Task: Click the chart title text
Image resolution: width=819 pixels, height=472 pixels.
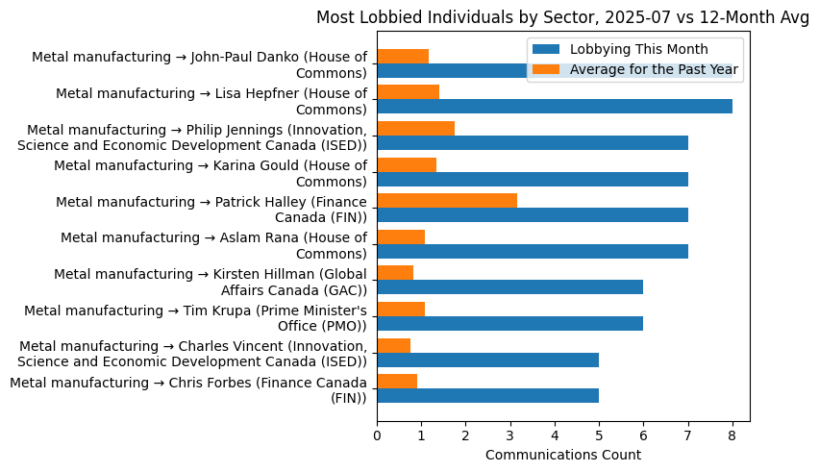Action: click(562, 17)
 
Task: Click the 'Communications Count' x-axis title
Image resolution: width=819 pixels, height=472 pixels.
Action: click(562, 455)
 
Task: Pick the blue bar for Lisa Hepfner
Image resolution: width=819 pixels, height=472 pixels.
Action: click(554, 107)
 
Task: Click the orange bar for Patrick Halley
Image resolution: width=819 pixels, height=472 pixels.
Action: click(446, 200)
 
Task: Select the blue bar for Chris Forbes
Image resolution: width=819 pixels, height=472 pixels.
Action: click(487, 395)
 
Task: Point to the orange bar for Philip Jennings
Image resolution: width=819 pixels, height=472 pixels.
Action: click(415, 128)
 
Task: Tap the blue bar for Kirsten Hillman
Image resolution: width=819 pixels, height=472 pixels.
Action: click(509, 286)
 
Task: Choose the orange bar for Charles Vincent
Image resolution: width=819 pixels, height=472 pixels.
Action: click(393, 345)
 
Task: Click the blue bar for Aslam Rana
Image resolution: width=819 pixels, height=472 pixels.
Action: click(532, 251)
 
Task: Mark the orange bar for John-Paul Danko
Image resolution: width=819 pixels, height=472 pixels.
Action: click(402, 56)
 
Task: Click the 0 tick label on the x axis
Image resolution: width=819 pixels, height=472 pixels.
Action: click(377, 435)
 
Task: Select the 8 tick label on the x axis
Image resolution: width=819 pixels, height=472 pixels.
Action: click(732, 435)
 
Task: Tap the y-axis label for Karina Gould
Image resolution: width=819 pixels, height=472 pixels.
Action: click(211, 173)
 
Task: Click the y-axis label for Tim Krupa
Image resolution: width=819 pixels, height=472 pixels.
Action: click(196, 317)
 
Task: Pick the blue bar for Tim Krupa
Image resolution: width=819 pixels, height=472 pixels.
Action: click(509, 323)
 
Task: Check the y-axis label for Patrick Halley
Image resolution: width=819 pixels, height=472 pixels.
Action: click(211, 209)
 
